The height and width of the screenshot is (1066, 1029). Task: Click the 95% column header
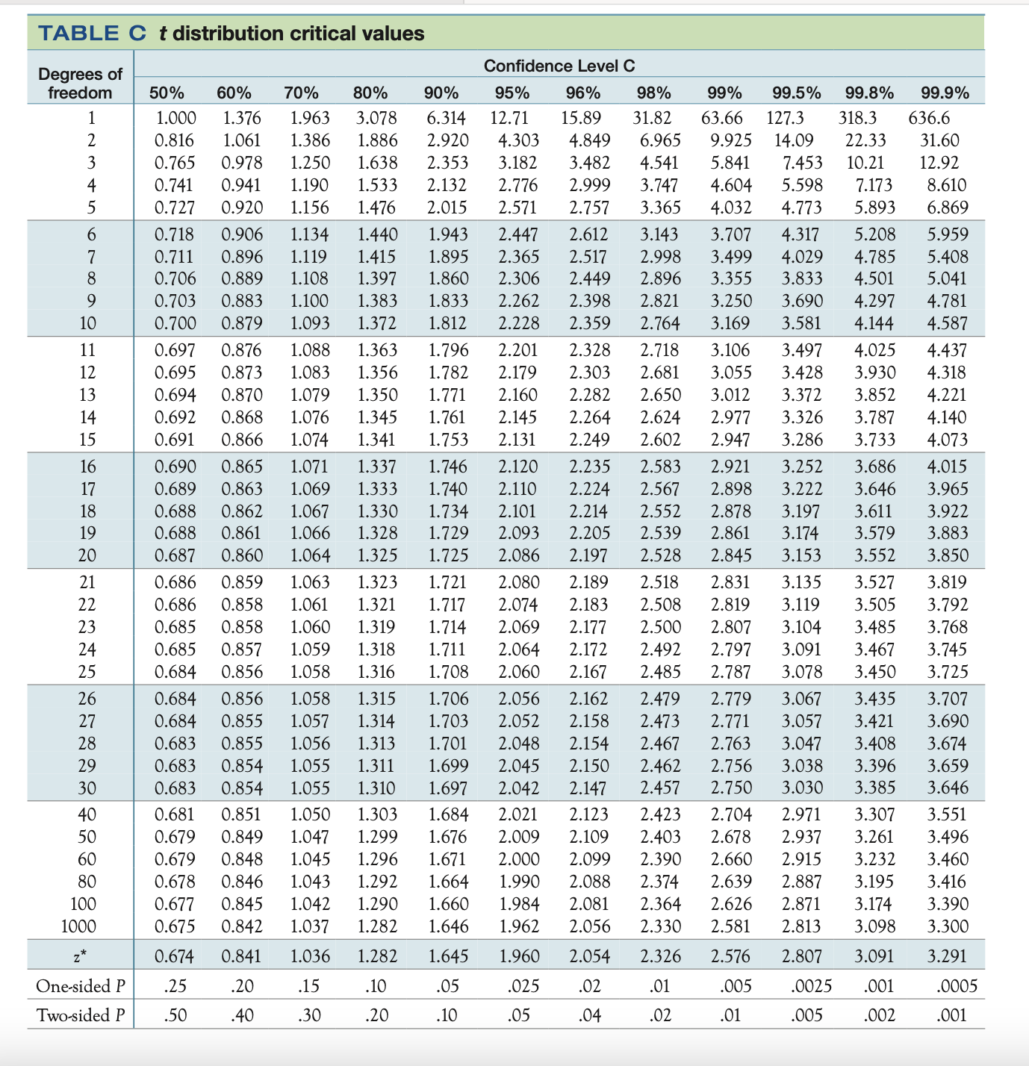512,93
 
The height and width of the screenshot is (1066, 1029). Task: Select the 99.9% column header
945,93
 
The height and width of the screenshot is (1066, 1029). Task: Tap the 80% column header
370,93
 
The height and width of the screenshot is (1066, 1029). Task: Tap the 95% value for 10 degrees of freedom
518,323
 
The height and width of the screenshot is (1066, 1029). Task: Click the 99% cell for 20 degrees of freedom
731,555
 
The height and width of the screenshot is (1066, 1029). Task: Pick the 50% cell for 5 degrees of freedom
175,208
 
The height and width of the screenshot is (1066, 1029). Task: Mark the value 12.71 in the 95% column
509,118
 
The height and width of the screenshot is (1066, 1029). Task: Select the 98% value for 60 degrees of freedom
660,859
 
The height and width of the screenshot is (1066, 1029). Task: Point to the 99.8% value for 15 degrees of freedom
874,440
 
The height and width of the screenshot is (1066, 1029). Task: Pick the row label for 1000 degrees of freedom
78,926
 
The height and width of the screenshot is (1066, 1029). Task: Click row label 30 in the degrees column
87,788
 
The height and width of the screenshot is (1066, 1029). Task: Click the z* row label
87,956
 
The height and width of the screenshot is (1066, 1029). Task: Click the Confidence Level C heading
559,66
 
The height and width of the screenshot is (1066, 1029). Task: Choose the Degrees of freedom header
80,83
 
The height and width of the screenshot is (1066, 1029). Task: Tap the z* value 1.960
518,956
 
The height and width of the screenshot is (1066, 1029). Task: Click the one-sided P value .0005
957,986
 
